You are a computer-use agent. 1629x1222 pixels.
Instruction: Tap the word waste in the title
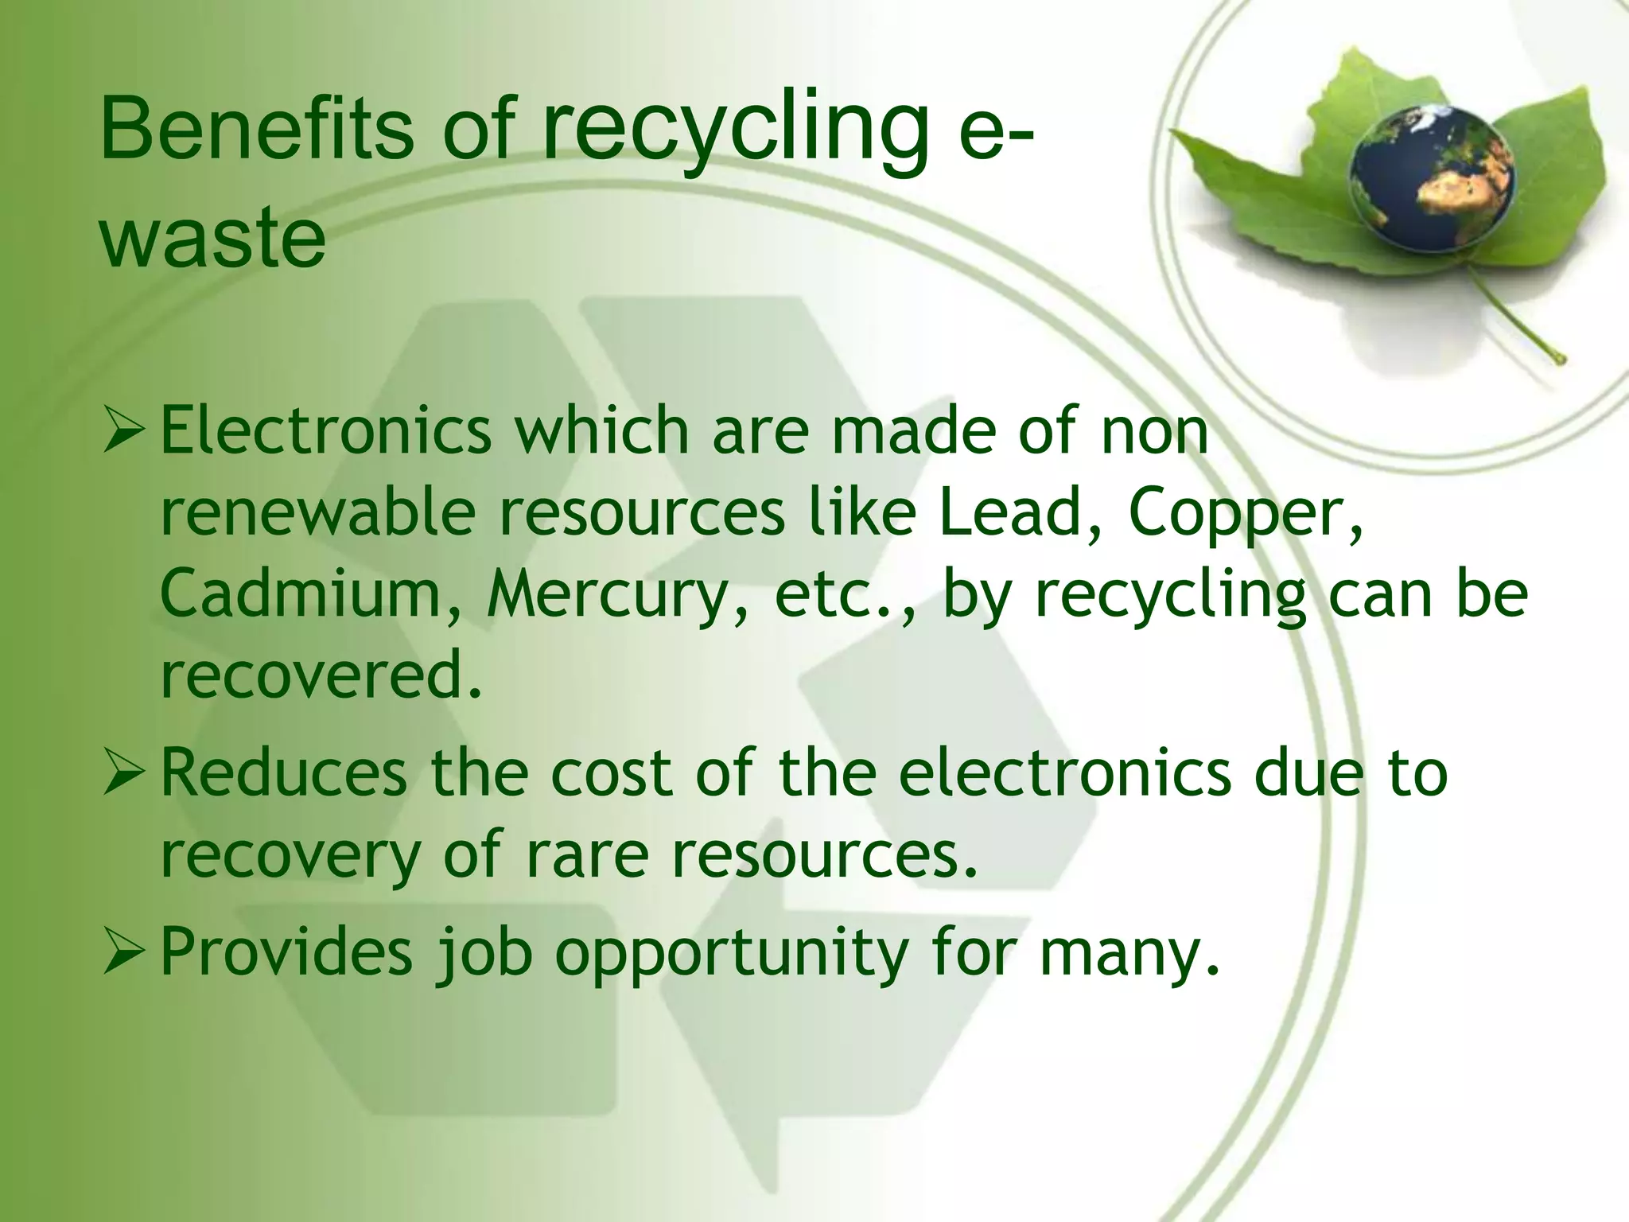(x=212, y=236)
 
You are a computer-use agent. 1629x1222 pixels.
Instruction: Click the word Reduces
(x=283, y=773)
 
